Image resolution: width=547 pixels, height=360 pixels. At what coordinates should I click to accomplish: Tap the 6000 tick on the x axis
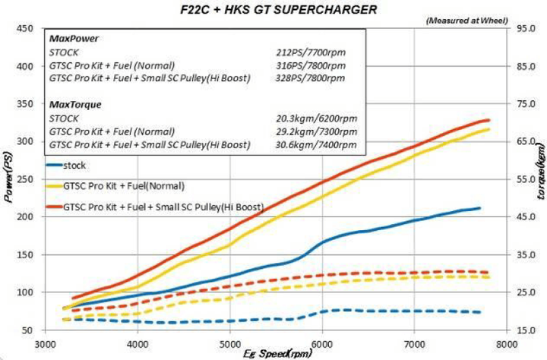322,342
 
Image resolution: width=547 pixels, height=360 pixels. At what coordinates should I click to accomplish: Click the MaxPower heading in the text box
68,38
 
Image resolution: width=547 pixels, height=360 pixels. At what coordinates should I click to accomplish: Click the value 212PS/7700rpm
310,53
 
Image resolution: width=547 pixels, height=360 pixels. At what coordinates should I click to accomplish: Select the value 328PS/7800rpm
310,78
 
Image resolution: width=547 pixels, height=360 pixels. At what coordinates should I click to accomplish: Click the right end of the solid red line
489,120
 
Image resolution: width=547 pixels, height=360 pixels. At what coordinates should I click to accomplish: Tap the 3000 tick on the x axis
44,342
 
